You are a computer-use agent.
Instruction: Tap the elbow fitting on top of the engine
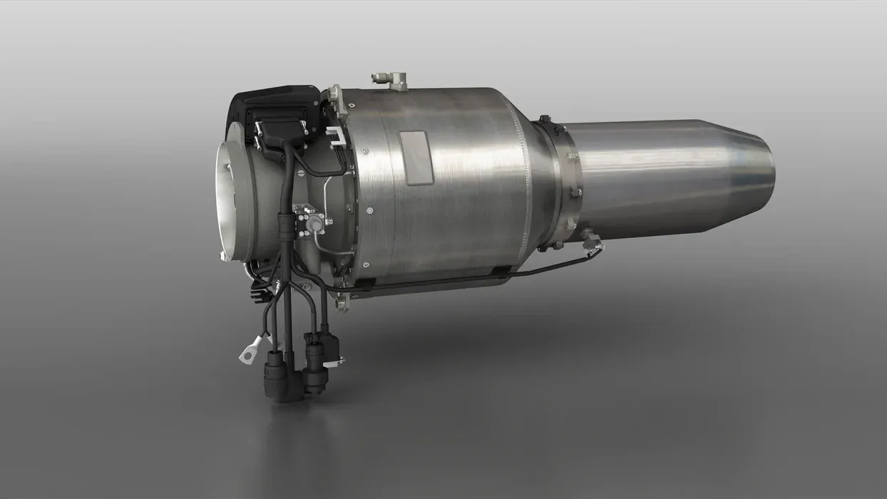tap(391, 80)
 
